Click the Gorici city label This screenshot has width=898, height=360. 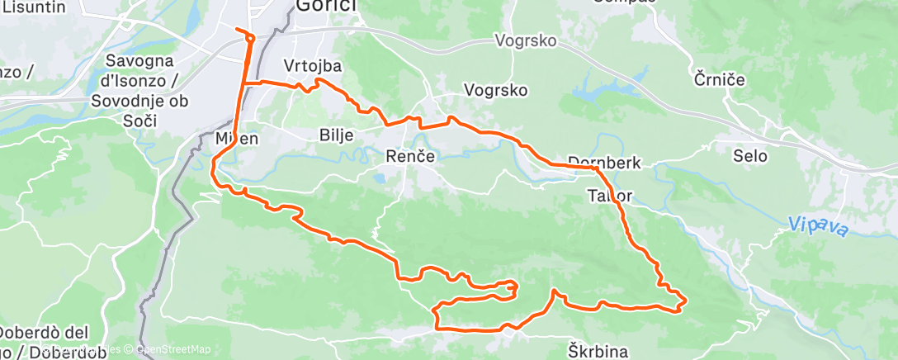(326, 7)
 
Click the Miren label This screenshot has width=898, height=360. (237, 139)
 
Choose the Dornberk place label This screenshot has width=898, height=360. (604, 163)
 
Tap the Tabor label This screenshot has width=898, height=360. (611, 197)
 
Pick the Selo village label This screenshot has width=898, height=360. (750, 155)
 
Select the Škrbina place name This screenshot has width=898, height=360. (598, 351)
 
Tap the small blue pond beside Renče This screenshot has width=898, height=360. (380, 176)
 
